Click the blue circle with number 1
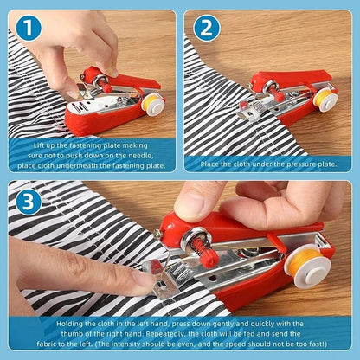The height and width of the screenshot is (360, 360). pyautogui.click(x=29, y=29)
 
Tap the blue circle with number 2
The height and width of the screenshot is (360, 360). pyautogui.click(x=205, y=29)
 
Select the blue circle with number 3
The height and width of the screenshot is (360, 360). pyautogui.click(x=28, y=202)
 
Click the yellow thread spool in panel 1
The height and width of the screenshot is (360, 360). pyautogui.click(x=153, y=104)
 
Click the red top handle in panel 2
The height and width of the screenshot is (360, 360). pyautogui.click(x=294, y=80)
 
